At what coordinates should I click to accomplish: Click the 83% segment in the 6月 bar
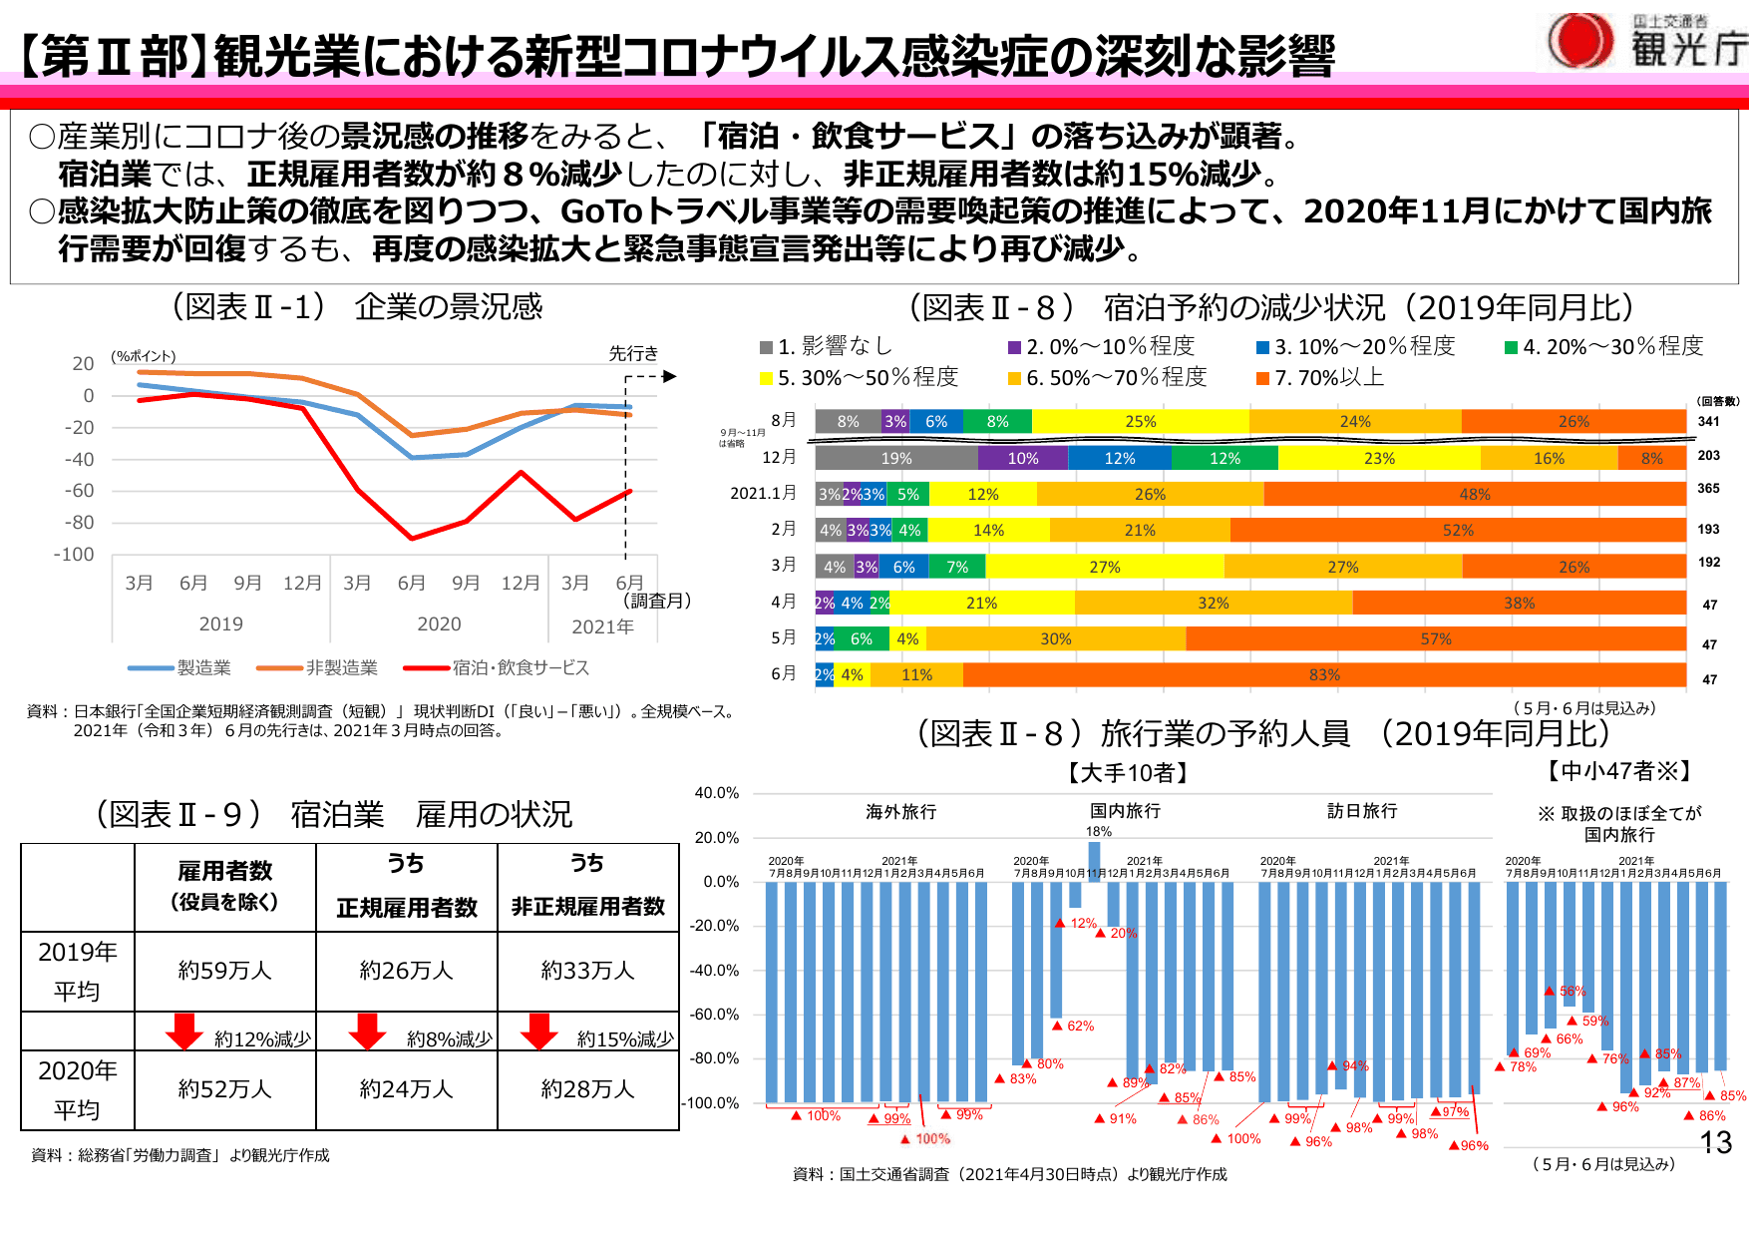[x=1324, y=675]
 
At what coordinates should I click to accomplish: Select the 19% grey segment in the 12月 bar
[x=896, y=459]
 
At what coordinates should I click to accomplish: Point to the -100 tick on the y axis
[x=74, y=555]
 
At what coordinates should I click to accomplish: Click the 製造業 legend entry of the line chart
[x=180, y=667]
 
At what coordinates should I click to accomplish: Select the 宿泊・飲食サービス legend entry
[x=498, y=667]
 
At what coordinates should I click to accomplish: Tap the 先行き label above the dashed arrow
[x=633, y=353]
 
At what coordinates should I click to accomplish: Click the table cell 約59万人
[x=225, y=971]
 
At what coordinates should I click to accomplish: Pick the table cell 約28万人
[x=587, y=1089]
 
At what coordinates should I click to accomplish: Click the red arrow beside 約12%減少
[x=184, y=1032]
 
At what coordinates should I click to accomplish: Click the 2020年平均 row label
[x=78, y=1089]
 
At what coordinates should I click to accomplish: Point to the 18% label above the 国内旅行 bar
[x=1098, y=831]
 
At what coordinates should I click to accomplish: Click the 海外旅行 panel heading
[x=900, y=812]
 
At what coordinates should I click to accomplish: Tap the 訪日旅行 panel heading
[x=1362, y=811]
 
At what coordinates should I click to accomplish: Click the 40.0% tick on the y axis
[x=717, y=793]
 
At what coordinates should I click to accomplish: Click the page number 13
[x=1715, y=1143]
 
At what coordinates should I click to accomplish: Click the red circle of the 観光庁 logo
[x=1580, y=41]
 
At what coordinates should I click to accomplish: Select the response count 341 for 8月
[x=1709, y=421]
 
